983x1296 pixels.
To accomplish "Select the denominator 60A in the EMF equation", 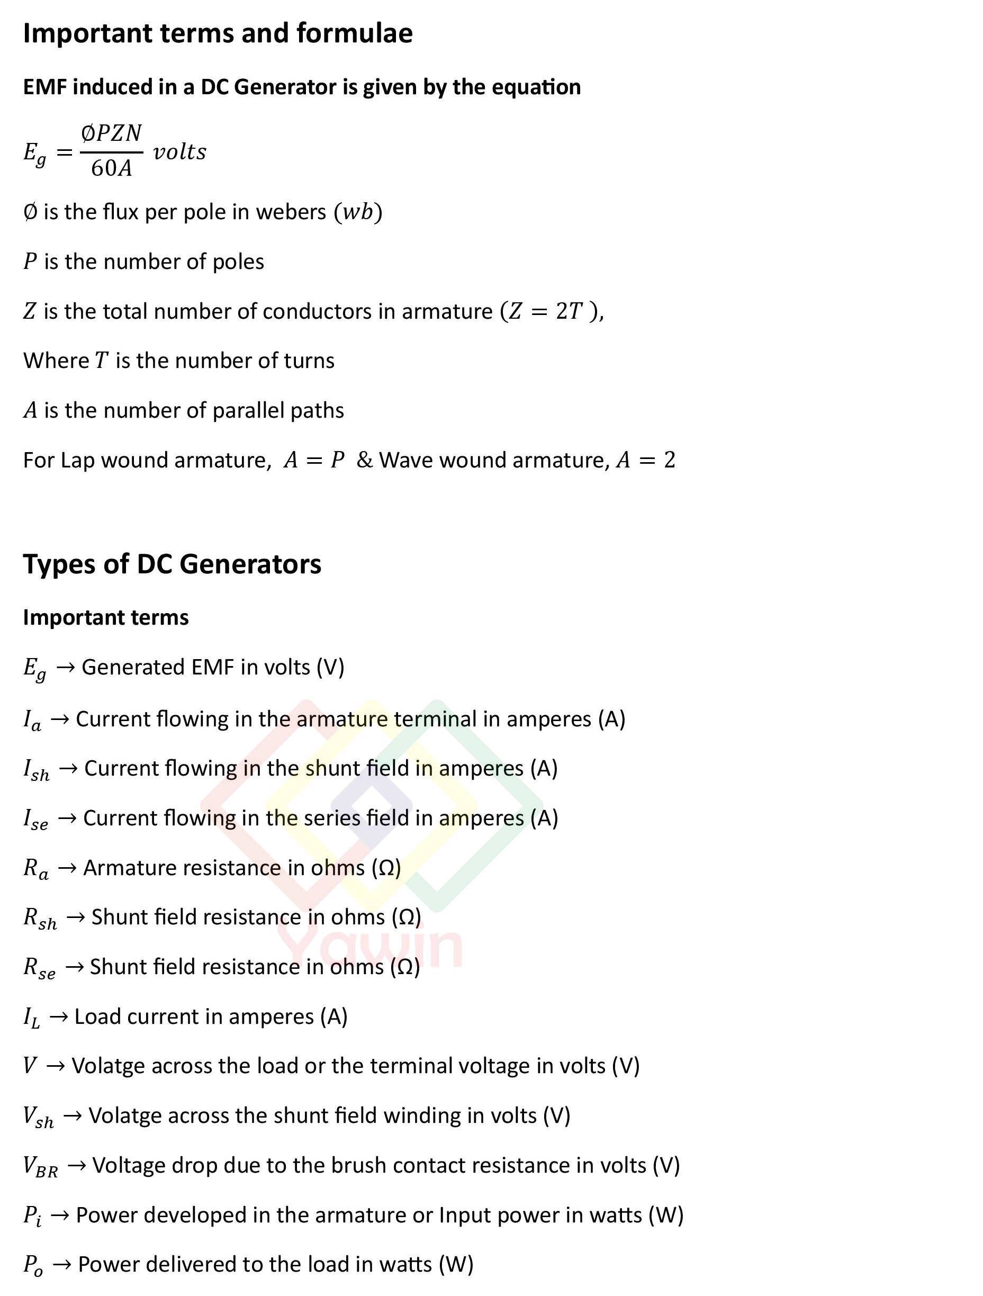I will [x=111, y=169].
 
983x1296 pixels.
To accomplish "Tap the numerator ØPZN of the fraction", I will [x=111, y=133].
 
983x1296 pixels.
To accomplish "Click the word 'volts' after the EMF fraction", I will [x=180, y=152].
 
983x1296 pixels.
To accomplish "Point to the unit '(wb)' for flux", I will [x=358, y=212].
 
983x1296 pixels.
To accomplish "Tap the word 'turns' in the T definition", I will [x=309, y=361].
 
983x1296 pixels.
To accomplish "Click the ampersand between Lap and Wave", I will [x=364, y=460].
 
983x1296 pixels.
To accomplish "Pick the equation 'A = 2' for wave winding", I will [x=646, y=460].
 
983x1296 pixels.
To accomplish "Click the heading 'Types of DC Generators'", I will [x=172, y=564].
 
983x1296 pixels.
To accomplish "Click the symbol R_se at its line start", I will [x=39, y=968].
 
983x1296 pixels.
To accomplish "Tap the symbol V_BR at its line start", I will [x=40, y=1166].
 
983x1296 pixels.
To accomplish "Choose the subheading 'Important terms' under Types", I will [x=105, y=617].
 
